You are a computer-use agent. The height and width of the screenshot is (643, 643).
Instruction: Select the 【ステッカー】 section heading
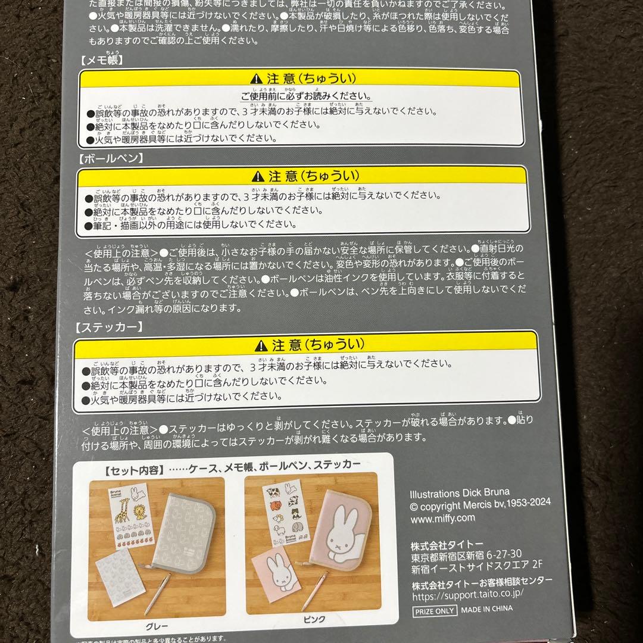click(108, 327)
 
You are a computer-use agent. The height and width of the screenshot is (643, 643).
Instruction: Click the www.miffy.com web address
click(443, 518)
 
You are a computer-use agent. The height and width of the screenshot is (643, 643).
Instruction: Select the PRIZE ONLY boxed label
click(435, 610)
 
